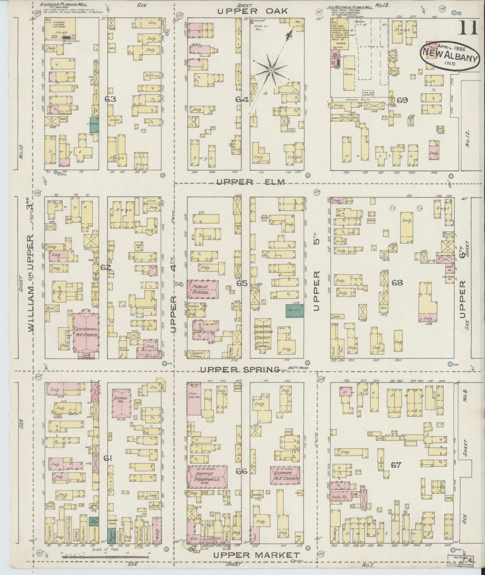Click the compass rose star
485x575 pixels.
coord(271,70)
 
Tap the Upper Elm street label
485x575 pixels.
coord(250,182)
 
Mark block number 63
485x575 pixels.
coord(110,99)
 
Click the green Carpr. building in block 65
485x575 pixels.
coord(294,311)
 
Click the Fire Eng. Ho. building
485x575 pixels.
coord(194,399)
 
